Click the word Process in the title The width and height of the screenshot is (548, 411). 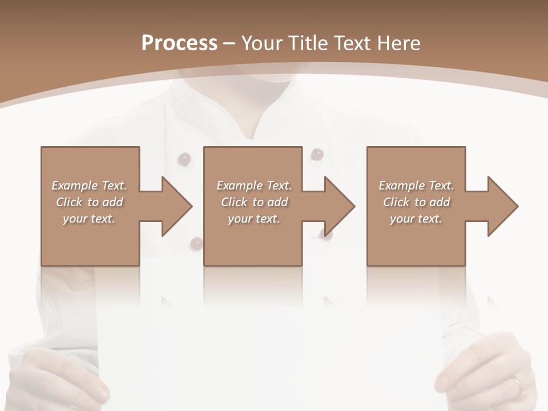point(179,43)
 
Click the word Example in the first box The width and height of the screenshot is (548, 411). point(74,186)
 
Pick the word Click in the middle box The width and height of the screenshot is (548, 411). point(235,202)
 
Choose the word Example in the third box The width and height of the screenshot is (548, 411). point(401,186)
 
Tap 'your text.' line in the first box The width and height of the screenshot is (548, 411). point(89,219)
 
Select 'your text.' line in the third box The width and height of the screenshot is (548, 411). point(416,219)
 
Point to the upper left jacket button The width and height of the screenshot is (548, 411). point(184,159)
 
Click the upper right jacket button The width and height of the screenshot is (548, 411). point(317,154)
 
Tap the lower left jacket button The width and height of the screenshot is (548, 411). point(196,244)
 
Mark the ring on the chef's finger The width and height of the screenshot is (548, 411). point(515,382)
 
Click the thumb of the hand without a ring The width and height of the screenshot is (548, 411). point(100,392)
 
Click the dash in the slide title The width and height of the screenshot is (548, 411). point(229,43)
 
